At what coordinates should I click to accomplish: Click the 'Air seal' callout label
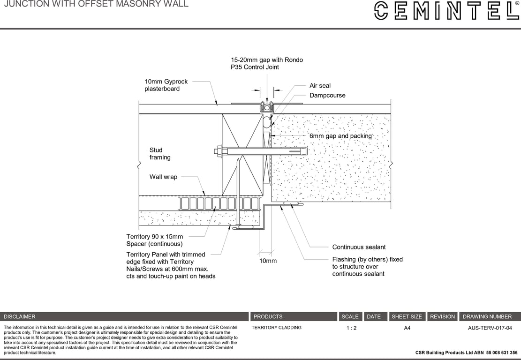pos(320,86)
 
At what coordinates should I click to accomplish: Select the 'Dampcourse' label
pos(327,96)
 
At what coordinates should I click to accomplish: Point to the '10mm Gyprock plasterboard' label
pos(166,85)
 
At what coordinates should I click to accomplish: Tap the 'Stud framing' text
pos(160,154)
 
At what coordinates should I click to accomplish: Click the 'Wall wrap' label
pos(163,177)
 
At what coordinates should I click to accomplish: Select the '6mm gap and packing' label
pos(340,136)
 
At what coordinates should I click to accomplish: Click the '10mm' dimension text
pos(268,261)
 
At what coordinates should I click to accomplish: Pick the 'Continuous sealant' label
pos(359,247)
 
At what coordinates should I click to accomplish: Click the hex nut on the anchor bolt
pos(219,151)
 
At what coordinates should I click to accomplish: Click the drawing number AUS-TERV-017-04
pos(490,328)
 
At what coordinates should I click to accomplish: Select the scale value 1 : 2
pos(351,328)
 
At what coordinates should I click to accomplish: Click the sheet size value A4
pos(407,328)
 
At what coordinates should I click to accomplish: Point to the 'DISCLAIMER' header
pos(20,317)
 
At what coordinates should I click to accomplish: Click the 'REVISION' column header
pos(442,317)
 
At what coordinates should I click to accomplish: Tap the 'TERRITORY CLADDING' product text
pos(277,328)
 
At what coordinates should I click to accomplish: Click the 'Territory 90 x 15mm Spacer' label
pos(155,240)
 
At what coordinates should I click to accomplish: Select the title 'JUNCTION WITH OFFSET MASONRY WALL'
pos(96,4)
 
